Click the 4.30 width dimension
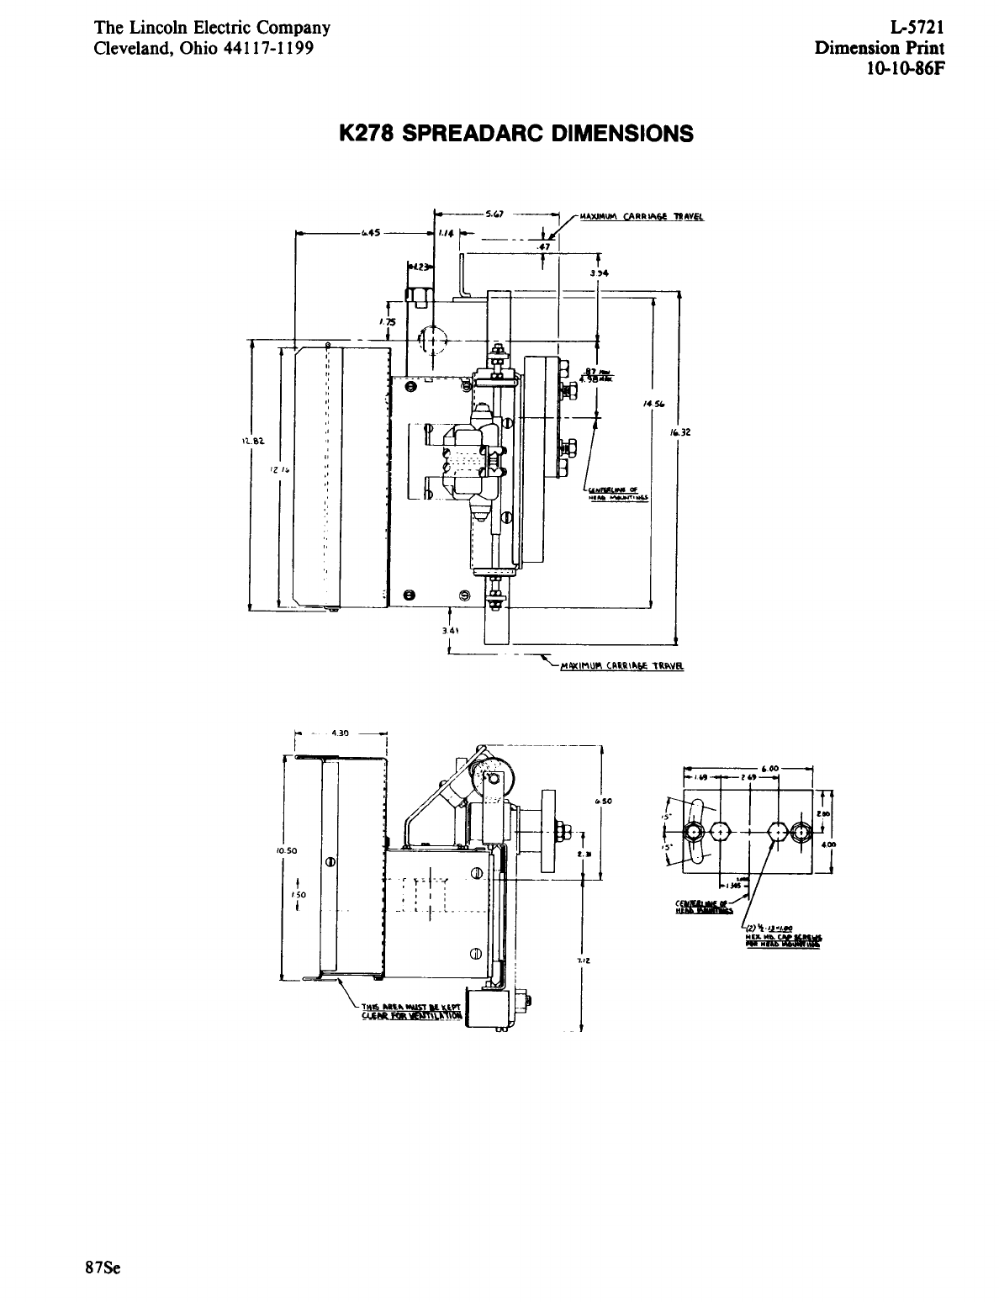tap(341, 733)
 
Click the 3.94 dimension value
tap(600, 273)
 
